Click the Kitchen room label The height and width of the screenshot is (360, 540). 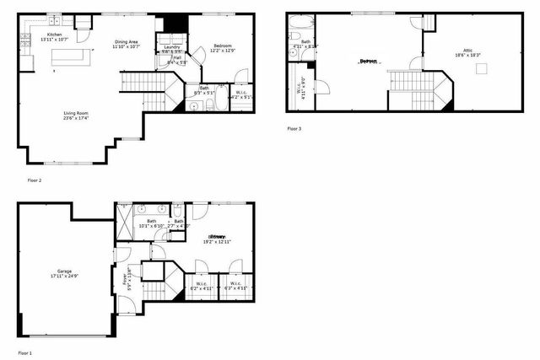tap(54, 35)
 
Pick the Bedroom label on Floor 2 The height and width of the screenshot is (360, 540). tap(223, 46)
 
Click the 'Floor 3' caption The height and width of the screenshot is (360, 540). tap(294, 129)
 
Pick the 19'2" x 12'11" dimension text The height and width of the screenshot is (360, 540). tap(217, 242)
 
